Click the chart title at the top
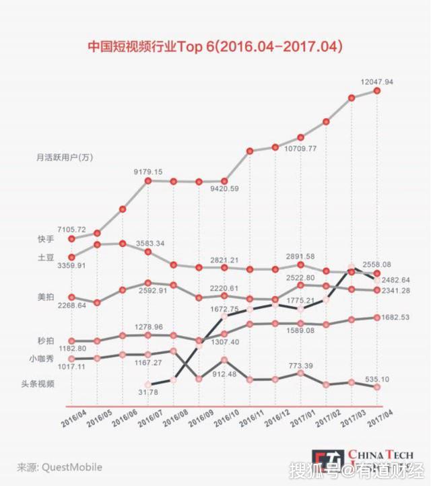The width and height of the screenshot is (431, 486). [x=215, y=48]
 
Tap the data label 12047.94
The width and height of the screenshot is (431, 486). [x=376, y=81]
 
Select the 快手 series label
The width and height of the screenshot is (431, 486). [x=46, y=239]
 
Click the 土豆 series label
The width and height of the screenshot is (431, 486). [x=46, y=257]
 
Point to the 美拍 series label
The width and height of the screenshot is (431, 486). [x=46, y=297]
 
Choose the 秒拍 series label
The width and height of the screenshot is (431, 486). [x=46, y=341]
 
